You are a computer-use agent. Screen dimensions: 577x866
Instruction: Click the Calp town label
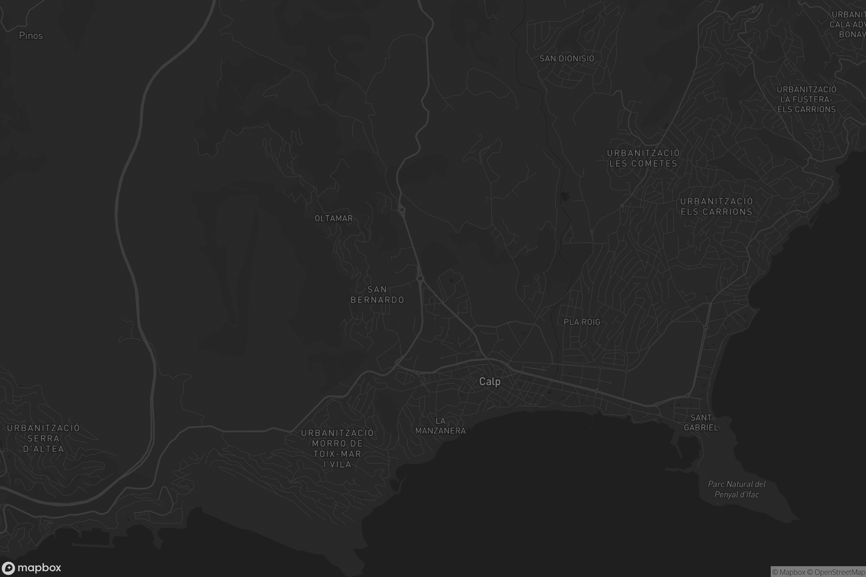click(490, 382)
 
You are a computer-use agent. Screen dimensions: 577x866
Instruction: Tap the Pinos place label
click(31, 36)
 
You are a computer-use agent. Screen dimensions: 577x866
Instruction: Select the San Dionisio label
click(567, 58)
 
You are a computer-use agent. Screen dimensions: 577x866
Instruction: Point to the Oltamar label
click(333, 219)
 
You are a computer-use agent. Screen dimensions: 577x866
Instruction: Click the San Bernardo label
click(377, 295)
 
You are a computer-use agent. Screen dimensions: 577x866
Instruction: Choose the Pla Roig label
click(582, 322)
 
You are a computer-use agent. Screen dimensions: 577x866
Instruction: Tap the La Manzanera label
click(440, 426)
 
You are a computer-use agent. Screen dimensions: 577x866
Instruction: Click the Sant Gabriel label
click(701, 422)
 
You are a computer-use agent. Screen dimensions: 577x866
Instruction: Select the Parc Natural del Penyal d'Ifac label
click(736, 489)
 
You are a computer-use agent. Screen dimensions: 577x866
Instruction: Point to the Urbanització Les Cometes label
click(643, 158)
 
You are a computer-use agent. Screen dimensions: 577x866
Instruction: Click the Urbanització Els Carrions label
click(716, 206)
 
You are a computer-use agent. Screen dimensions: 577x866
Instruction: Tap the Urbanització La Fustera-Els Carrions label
click(806, 100)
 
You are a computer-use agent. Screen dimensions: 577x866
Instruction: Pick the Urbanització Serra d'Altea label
click(43, 438)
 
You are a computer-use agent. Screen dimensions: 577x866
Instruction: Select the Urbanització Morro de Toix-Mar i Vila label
click(337, 449)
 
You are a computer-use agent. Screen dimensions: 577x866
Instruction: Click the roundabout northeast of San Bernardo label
click(420, 278)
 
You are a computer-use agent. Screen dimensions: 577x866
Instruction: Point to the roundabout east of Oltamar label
click(402, 210)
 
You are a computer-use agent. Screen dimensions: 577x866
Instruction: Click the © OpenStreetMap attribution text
click(840, 572)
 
